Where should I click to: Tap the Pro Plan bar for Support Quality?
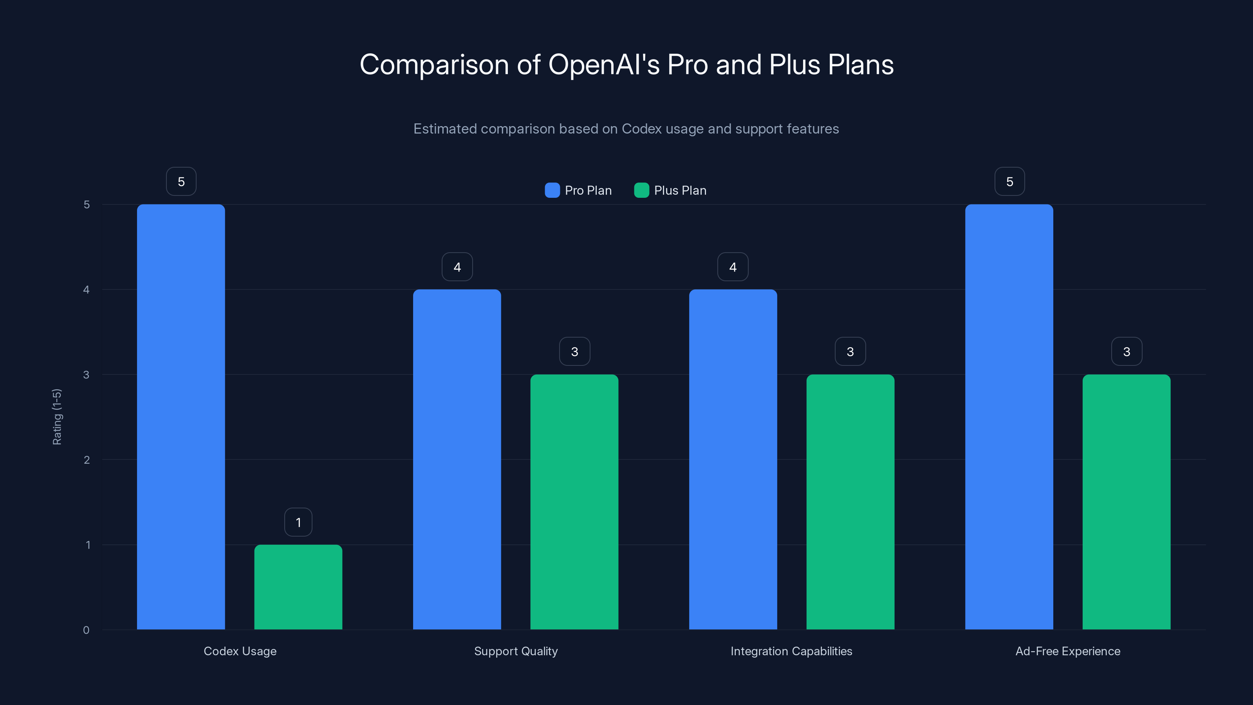pyautogui.click(x=457, y=459)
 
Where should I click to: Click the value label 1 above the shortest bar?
pyautogui.click(x=298, y=522)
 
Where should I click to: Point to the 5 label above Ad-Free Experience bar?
pyautogui.click(x=1009, y=181)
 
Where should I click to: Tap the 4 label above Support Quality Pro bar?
pyautogui.click(x=457, y=267)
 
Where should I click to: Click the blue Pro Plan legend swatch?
pyautogui.click(x=552, y=190)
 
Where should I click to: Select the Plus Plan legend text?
pyautogui.click(x=680, y=190)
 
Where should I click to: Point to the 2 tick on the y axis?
pyautogui.click(x=87, y=460)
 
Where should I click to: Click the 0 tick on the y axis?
pyautogui.click(x=86, y=630)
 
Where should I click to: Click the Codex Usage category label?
pyautogui.click(x=240, y=651)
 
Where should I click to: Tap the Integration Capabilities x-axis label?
pyautogui.click(x=791, y=651)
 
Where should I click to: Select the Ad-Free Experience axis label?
pyautogui.click(x=1068, y=651)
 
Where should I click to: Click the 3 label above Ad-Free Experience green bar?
pyautogui.click(x=1127, y=352)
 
